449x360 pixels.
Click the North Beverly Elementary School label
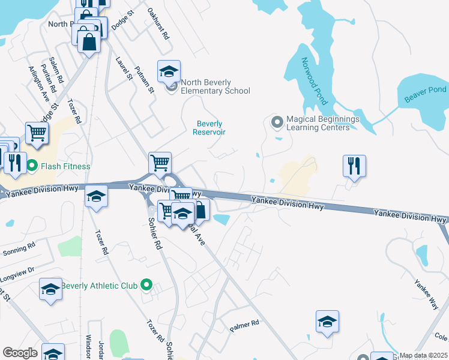[215, 87]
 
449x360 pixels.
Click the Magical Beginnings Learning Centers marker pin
[277, 122]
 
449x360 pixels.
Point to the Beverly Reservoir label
[209, 128]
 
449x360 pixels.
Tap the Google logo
[20, 352]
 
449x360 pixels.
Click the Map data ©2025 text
[423, 355]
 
